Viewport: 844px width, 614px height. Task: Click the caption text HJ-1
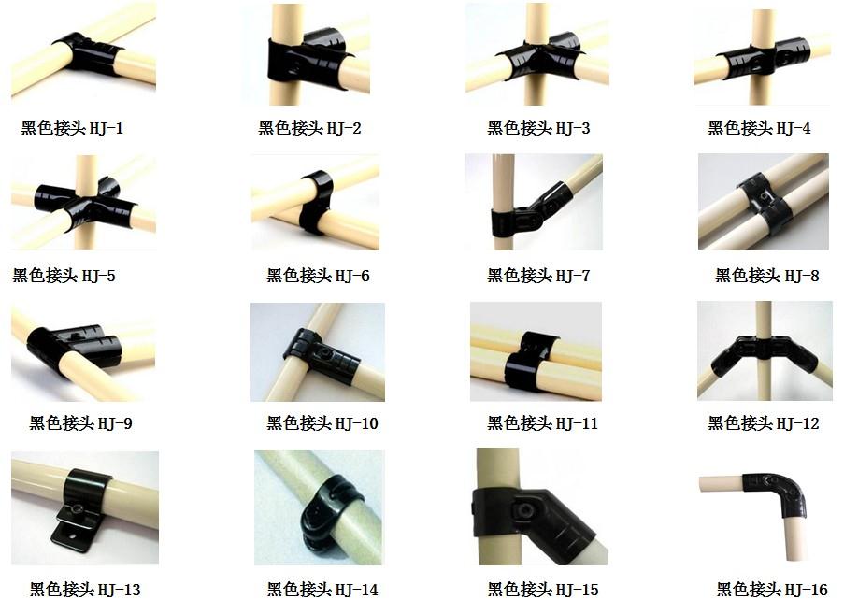[x=106, y=128]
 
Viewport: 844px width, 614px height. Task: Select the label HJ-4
[x=794, y=128]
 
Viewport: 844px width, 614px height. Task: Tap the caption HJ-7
[x=573, y=276]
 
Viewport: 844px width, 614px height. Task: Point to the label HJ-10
[x=356, y=423]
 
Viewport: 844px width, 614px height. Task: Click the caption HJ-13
[x=119, y=590]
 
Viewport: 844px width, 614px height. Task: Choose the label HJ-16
[x=806, y=590]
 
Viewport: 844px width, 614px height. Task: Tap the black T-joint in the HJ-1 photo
[x=87, y=52]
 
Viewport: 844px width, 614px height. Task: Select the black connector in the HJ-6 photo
[x=317, y=202]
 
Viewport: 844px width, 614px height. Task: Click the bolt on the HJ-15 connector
[x=523, y=510]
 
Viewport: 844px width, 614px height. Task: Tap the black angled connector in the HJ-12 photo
[x=765, y=354]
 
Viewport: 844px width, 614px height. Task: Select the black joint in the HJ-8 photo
[x=763, y=202]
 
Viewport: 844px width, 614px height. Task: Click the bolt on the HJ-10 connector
[x=327, y=354]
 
